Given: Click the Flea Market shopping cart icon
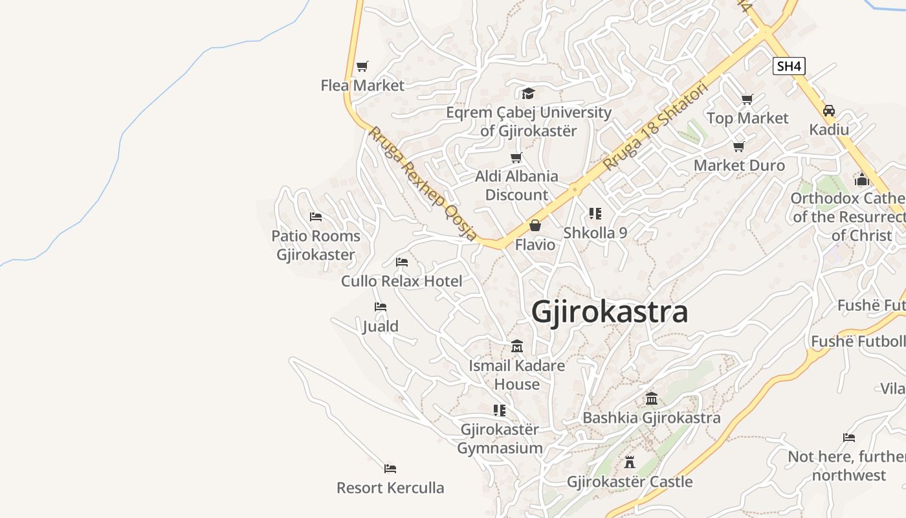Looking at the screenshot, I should tap(362, 66).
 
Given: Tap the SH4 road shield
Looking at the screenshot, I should tap(789, 65).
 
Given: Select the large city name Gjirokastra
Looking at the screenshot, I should tap(609, 311).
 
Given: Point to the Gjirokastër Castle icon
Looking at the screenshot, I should tap(630, 462).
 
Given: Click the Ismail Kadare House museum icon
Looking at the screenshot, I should tap(516, 346).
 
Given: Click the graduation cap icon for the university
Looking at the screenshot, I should tap(528, 93).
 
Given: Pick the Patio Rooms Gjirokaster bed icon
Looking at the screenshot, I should tap(316, 216).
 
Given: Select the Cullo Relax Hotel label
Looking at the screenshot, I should tap(401, 281).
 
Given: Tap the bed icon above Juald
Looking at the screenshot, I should tap(381, 306).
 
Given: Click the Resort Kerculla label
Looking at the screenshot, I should tap(390, 488).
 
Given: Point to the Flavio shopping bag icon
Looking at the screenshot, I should tap(535, 225).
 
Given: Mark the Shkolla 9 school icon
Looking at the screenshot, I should tap(595, 213).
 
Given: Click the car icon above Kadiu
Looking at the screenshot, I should tap(829, 110).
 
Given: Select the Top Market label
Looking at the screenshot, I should tap(747, 118).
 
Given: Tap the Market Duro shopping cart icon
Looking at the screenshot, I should tap(739, 146).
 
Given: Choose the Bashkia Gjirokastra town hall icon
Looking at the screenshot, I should tap(652, 398).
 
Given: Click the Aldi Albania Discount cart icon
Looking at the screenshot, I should tap(516, 157).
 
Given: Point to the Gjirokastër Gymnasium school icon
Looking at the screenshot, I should tap(500, 410).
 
